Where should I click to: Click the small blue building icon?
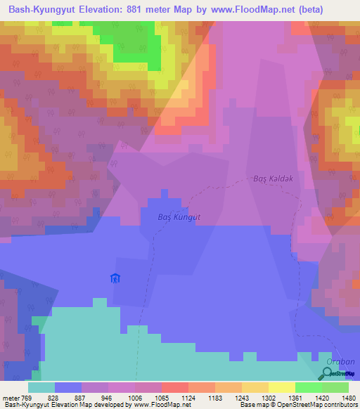[x=115, y=278]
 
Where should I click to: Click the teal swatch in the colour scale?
[x=41, y=387]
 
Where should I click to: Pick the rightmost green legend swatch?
[x=335, y=387]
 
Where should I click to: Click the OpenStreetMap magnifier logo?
[x=326, y=373]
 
